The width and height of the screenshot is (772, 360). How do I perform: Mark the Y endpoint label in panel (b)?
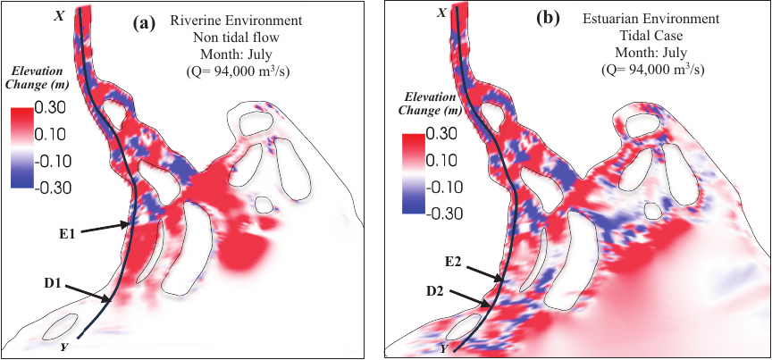coord(444,348)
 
